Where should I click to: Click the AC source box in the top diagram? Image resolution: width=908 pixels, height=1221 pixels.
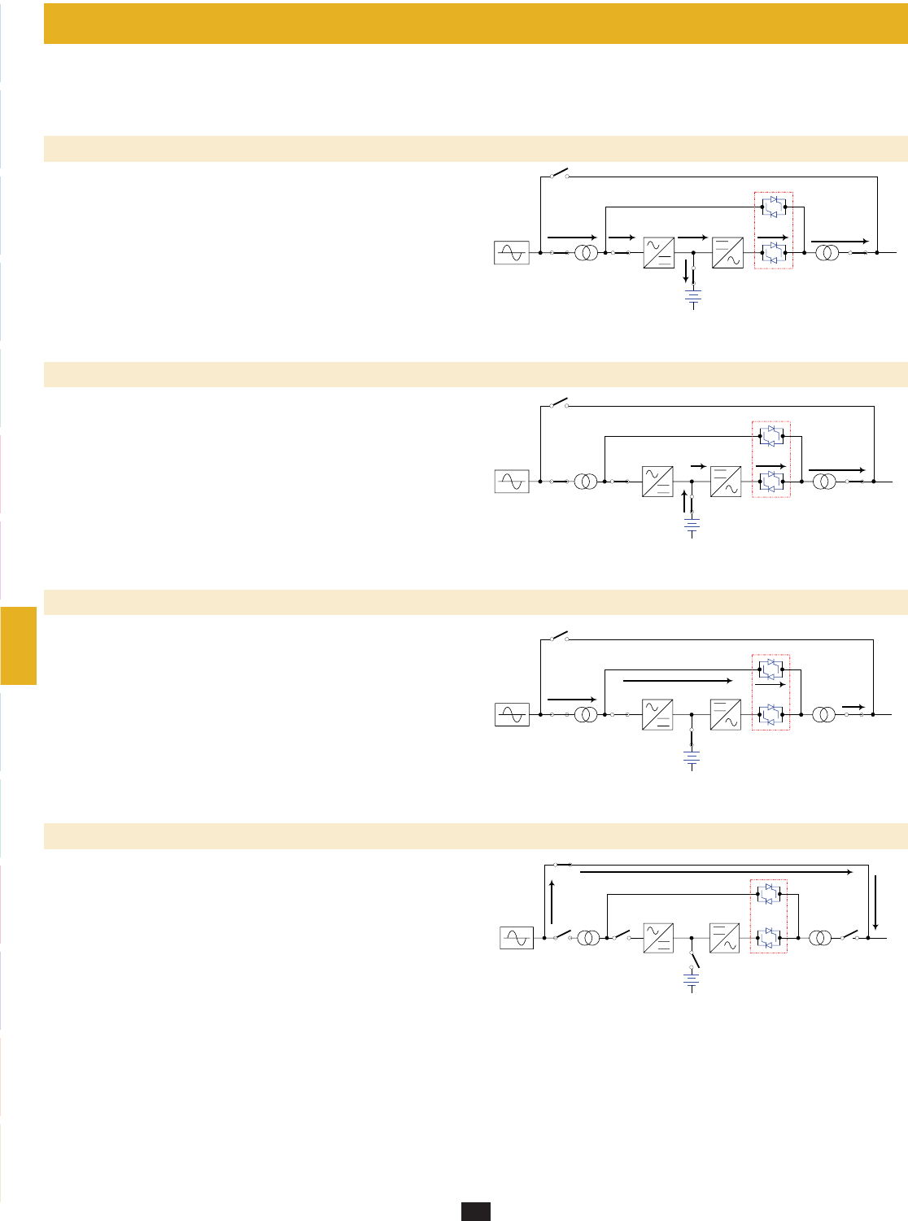[512, 253]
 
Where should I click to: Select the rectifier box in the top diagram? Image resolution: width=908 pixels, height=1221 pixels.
[658, 253]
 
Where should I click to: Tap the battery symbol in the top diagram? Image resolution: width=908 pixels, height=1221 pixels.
[693, 299]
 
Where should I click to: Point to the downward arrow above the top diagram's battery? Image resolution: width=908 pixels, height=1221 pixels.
[685, 272]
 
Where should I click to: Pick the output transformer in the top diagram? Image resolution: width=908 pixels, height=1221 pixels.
[827, 253]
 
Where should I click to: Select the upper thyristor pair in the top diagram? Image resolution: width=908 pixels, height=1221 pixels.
[774, 207]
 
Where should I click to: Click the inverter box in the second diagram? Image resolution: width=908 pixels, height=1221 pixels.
[726, 482]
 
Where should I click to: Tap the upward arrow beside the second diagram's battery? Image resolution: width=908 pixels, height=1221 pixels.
[684, 501]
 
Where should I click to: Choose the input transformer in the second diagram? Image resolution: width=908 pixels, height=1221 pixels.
[585, 482]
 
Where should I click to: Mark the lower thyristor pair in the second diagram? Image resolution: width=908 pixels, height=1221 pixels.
[770, 482]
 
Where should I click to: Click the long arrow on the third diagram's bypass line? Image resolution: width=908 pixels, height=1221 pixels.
[678, 680]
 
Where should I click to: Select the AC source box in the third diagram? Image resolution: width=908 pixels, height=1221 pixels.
[512, 715]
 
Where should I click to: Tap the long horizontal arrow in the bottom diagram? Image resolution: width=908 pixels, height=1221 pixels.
[716, 872]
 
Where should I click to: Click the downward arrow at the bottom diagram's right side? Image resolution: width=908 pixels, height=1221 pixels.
[875, 902]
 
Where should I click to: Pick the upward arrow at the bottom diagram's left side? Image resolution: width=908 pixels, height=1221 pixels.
[552, 902]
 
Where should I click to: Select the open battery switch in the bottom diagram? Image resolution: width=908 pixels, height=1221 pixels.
[694, 959]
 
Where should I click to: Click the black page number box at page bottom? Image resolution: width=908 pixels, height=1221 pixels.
[476, 1211]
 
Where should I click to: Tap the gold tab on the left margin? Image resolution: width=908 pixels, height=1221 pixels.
[18, 645]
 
